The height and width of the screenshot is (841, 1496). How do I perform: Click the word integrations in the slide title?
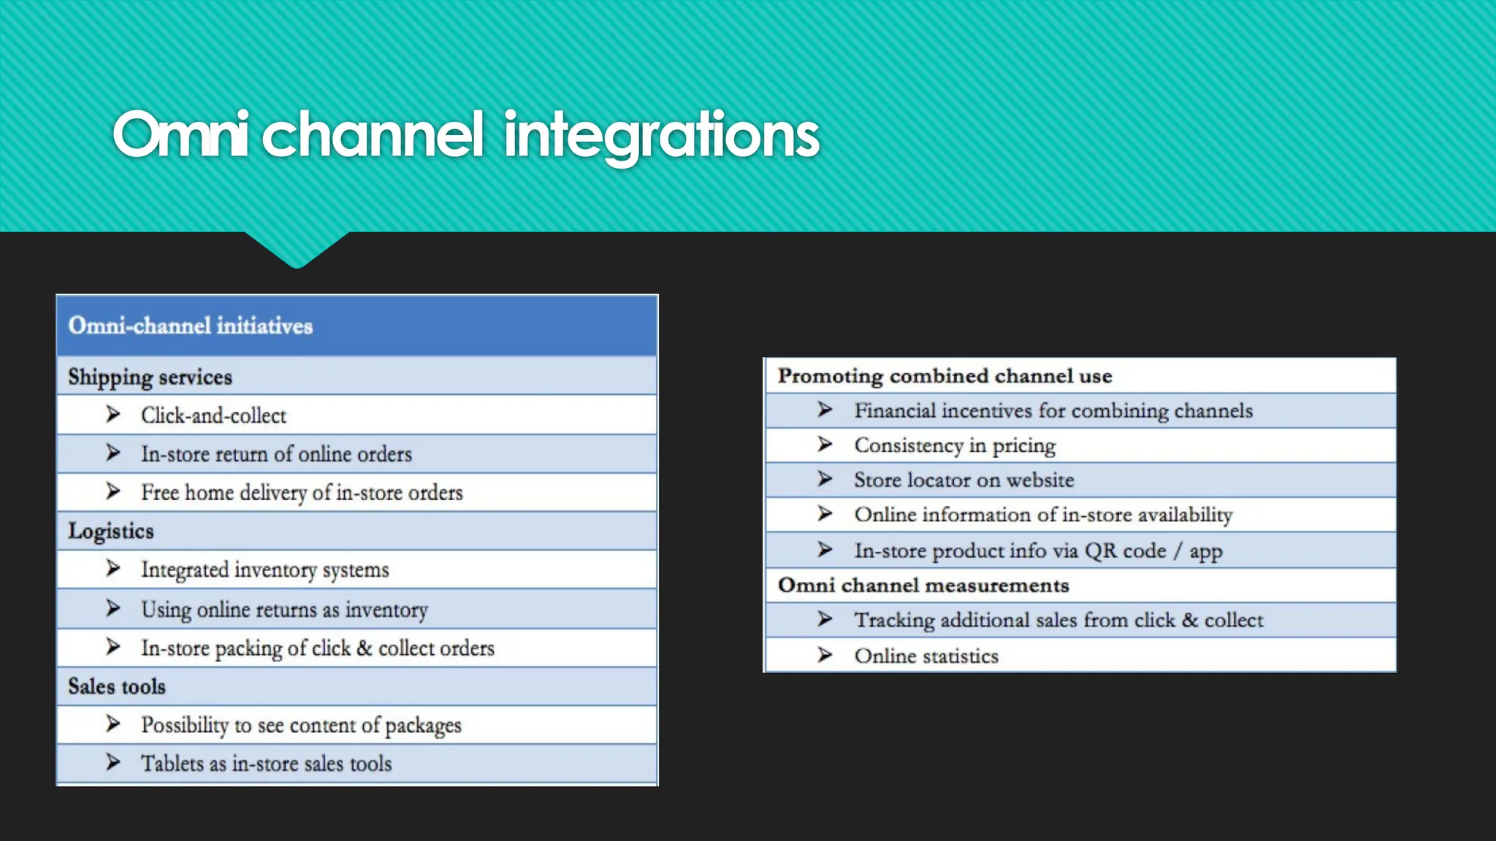[662, 135]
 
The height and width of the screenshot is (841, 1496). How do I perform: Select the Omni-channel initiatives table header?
[191, 326]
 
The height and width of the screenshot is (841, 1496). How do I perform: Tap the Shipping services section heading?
[150, 377]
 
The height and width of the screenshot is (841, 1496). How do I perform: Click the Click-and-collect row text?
[213, 415]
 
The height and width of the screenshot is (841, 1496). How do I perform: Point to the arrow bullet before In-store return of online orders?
[113, 453]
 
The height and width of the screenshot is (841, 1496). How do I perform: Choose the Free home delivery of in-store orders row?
[302, 493]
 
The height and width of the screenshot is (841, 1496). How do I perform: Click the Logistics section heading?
[111, 531]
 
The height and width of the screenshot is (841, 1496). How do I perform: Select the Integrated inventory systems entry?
[264, 569]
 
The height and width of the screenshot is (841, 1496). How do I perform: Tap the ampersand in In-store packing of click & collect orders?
[365, 648]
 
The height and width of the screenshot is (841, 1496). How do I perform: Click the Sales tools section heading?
[117, 686]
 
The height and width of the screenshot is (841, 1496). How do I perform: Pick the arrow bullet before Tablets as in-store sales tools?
[113, 762]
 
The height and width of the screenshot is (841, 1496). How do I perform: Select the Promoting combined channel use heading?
[944, 376]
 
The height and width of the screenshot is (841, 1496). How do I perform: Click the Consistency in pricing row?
[955, 445]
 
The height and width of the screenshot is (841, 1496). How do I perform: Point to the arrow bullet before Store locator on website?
[825, 479]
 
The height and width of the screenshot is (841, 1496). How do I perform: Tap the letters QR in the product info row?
[1101, 550]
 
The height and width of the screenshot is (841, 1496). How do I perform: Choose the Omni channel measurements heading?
[923, 585]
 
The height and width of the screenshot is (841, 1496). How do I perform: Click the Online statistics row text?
[926, 656]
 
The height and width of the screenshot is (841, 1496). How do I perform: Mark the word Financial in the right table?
[895, 411]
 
